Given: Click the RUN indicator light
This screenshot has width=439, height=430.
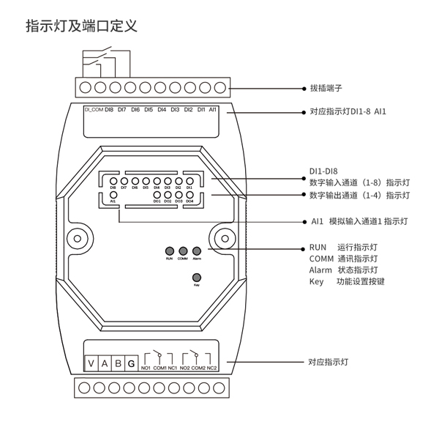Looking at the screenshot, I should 169,250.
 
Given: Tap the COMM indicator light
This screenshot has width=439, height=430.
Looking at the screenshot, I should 182,250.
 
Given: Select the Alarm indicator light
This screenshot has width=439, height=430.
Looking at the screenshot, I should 197,250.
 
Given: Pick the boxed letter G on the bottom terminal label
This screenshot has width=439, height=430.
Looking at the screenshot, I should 130,364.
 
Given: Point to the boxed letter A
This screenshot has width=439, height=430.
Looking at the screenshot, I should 105,364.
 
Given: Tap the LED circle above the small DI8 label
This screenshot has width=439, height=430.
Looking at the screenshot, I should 113,181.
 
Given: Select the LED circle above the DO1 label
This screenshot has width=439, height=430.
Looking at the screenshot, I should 157,194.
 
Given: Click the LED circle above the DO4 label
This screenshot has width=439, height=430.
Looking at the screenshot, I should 190,194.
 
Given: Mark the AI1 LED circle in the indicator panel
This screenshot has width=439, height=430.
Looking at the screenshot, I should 113,194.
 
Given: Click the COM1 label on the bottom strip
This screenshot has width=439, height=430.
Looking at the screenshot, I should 160,367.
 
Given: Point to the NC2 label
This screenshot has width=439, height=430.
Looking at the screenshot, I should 212,367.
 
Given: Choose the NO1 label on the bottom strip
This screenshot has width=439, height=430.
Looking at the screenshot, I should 146,367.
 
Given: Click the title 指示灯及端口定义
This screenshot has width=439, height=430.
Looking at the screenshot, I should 82,26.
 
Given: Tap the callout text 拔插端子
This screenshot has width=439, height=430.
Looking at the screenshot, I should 326,87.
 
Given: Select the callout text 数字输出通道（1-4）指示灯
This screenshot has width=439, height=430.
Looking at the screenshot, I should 359,196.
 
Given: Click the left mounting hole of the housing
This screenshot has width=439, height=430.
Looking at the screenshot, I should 75,238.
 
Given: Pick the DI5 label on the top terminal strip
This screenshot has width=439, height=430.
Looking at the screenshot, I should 149,110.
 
